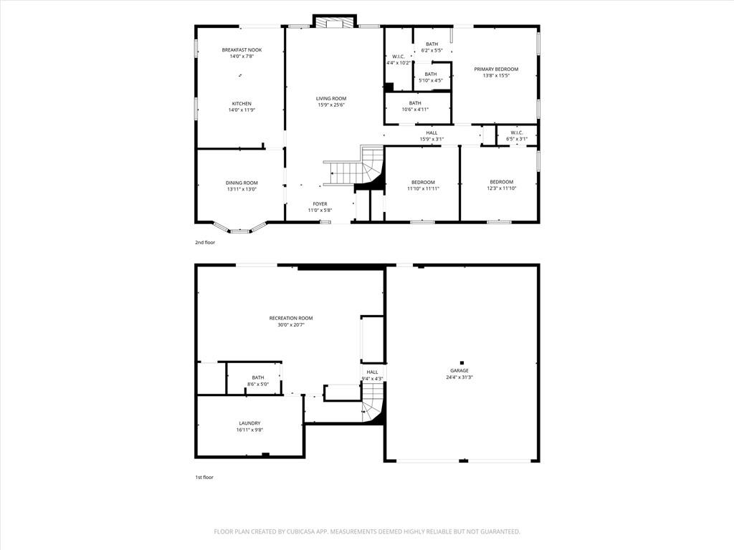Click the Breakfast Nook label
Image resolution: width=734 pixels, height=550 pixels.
(242, 50)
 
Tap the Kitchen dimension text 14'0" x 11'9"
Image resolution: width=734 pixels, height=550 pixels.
(242, 110)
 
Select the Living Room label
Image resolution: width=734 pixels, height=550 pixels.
(331, 99)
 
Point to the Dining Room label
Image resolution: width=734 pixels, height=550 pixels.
(242, 183)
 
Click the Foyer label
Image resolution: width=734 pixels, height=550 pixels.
(320, 204)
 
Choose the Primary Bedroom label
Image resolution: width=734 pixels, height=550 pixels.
(496, 69)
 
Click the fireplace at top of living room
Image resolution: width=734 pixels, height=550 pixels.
(335, 22)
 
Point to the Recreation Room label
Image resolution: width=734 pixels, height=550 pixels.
(291, 319)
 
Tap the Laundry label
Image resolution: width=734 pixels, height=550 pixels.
(249, 423)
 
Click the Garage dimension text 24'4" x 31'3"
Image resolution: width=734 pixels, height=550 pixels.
(459, 377)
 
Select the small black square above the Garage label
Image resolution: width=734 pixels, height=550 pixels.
(462, 362)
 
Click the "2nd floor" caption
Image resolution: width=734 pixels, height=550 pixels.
(205, 243)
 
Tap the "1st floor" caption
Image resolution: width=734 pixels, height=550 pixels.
(204, 478)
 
